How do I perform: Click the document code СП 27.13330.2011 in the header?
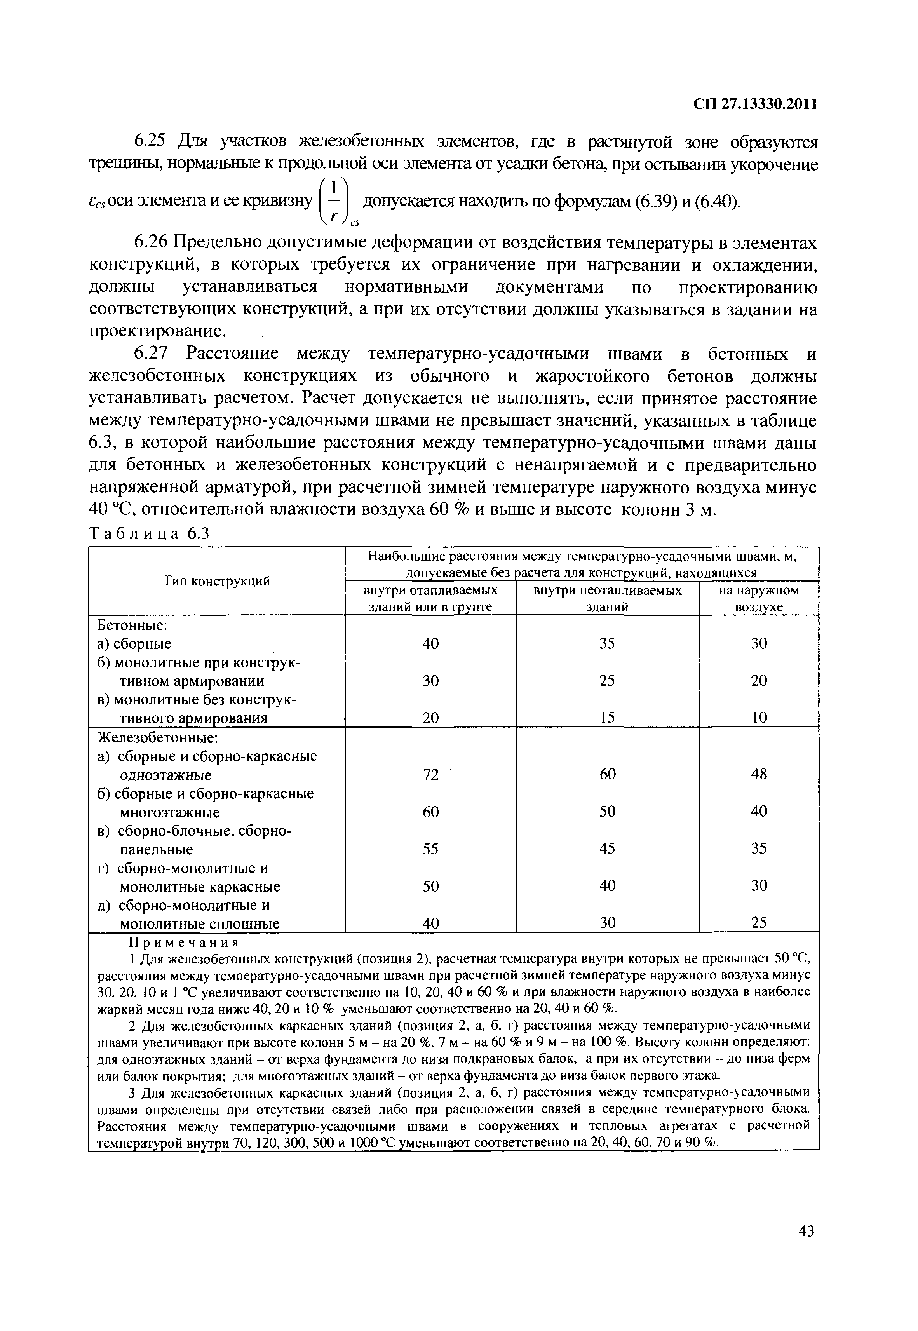click(755, 104)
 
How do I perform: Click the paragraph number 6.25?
click(150, 141)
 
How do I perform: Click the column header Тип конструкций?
click(216, 581)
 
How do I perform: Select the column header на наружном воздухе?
click(759, 599)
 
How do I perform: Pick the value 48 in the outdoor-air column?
click(759, 774)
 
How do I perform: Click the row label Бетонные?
click(132, 625)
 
